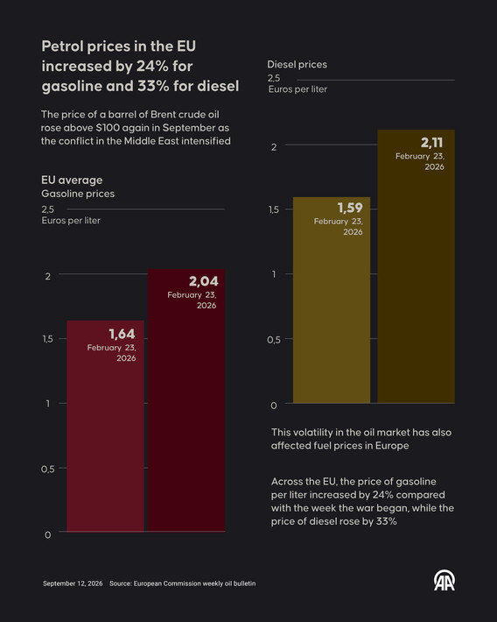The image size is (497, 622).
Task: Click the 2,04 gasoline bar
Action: coord(186,399)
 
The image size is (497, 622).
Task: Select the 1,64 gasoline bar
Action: coord(105,426)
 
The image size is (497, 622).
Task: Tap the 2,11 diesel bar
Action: coord(416,266)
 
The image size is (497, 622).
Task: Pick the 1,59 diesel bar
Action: coord(332,300)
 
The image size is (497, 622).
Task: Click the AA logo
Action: coord(444,581)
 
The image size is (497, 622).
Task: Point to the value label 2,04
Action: coord(204,281)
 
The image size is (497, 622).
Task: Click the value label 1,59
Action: coord(350,208)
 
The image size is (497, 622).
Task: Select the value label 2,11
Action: coord(431,143)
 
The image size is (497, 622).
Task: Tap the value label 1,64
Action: coord(122,334)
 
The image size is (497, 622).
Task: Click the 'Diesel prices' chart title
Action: coord(297,65)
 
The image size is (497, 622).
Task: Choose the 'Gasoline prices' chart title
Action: coord(78,194)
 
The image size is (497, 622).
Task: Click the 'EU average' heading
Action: coord(72,180)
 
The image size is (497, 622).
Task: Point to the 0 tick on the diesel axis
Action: coord(274,406)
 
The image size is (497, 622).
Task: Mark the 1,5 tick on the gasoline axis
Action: coord(47,339)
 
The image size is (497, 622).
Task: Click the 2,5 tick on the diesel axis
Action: coord(274,78)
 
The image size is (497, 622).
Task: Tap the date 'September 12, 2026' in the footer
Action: coord(73,583)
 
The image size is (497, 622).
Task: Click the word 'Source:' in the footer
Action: coord(121,583)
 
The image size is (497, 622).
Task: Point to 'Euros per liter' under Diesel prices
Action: coord(297,89)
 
